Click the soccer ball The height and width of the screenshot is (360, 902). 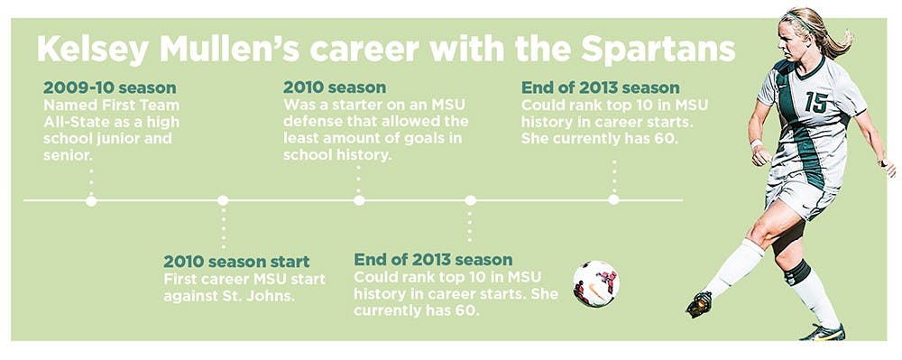596,283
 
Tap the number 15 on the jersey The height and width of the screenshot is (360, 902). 816,102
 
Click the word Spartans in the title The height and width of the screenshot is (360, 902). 658,50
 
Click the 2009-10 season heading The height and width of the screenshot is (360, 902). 109,88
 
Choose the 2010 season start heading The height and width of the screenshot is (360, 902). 236,262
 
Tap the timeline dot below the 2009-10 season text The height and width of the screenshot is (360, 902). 91,200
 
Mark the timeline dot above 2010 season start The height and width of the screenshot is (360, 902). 223,200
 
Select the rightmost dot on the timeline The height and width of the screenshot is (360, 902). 613,199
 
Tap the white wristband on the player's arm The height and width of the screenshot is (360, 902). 757,143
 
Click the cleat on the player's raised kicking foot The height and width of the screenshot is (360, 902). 699,304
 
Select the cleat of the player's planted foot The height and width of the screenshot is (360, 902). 824,332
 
